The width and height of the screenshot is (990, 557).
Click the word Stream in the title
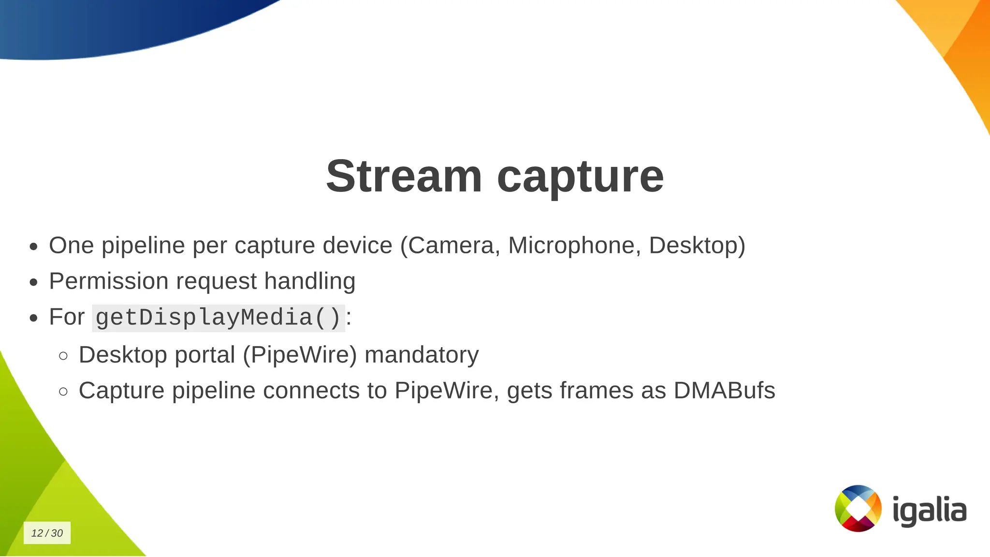404,176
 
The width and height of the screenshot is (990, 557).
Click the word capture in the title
580,176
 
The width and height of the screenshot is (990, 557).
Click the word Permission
108,281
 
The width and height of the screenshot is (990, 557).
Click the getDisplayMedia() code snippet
218,318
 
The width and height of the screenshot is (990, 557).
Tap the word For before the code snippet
67,317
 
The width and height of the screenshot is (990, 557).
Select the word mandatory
422,354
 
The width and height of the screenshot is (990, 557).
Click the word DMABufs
724,390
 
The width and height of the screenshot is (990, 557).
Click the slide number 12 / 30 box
47,533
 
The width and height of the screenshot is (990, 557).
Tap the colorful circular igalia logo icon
858,508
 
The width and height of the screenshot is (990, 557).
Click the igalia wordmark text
929,510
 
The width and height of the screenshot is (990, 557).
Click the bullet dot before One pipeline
33,247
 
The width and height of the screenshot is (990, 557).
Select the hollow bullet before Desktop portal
63,356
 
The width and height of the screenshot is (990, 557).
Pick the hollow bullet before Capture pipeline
63,392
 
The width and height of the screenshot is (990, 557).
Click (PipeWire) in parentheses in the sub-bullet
300,354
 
